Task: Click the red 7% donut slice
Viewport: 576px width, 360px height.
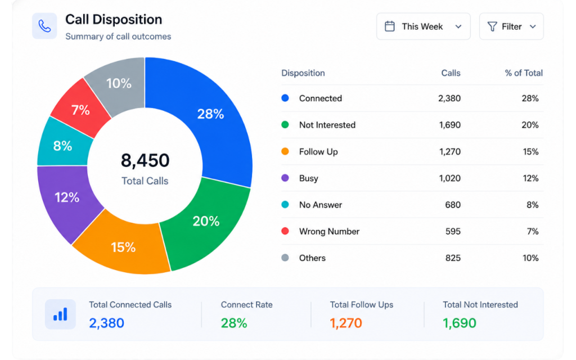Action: click(x=80, y=110)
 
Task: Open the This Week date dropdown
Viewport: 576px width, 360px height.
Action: click(x=423, y=26)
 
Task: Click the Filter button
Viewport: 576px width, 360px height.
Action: click(x=511, y=26)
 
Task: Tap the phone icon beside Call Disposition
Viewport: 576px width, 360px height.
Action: click(x=44, y=26)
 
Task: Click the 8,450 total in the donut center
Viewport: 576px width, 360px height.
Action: click(x=145, y=160)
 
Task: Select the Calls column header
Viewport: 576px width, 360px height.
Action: click(x=451, y=73)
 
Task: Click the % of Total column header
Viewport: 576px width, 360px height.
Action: click(x=524, y=73)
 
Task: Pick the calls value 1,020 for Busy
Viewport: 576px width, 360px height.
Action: click(x=449, y=178)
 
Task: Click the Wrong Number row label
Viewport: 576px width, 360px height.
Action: click(x=329, y=231)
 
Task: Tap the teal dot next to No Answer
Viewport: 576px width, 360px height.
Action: click(x=285, y=205)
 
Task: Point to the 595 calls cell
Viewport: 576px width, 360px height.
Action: click(x=453, y=231)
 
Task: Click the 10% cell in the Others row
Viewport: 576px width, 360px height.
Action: click(x=530, y=258)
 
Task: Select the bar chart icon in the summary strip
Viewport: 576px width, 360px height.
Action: click(x=60, y=314)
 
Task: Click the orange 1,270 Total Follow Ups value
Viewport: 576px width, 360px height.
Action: click(x=346, y=323)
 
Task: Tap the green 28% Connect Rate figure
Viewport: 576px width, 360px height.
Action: click(x=234, y=323)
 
